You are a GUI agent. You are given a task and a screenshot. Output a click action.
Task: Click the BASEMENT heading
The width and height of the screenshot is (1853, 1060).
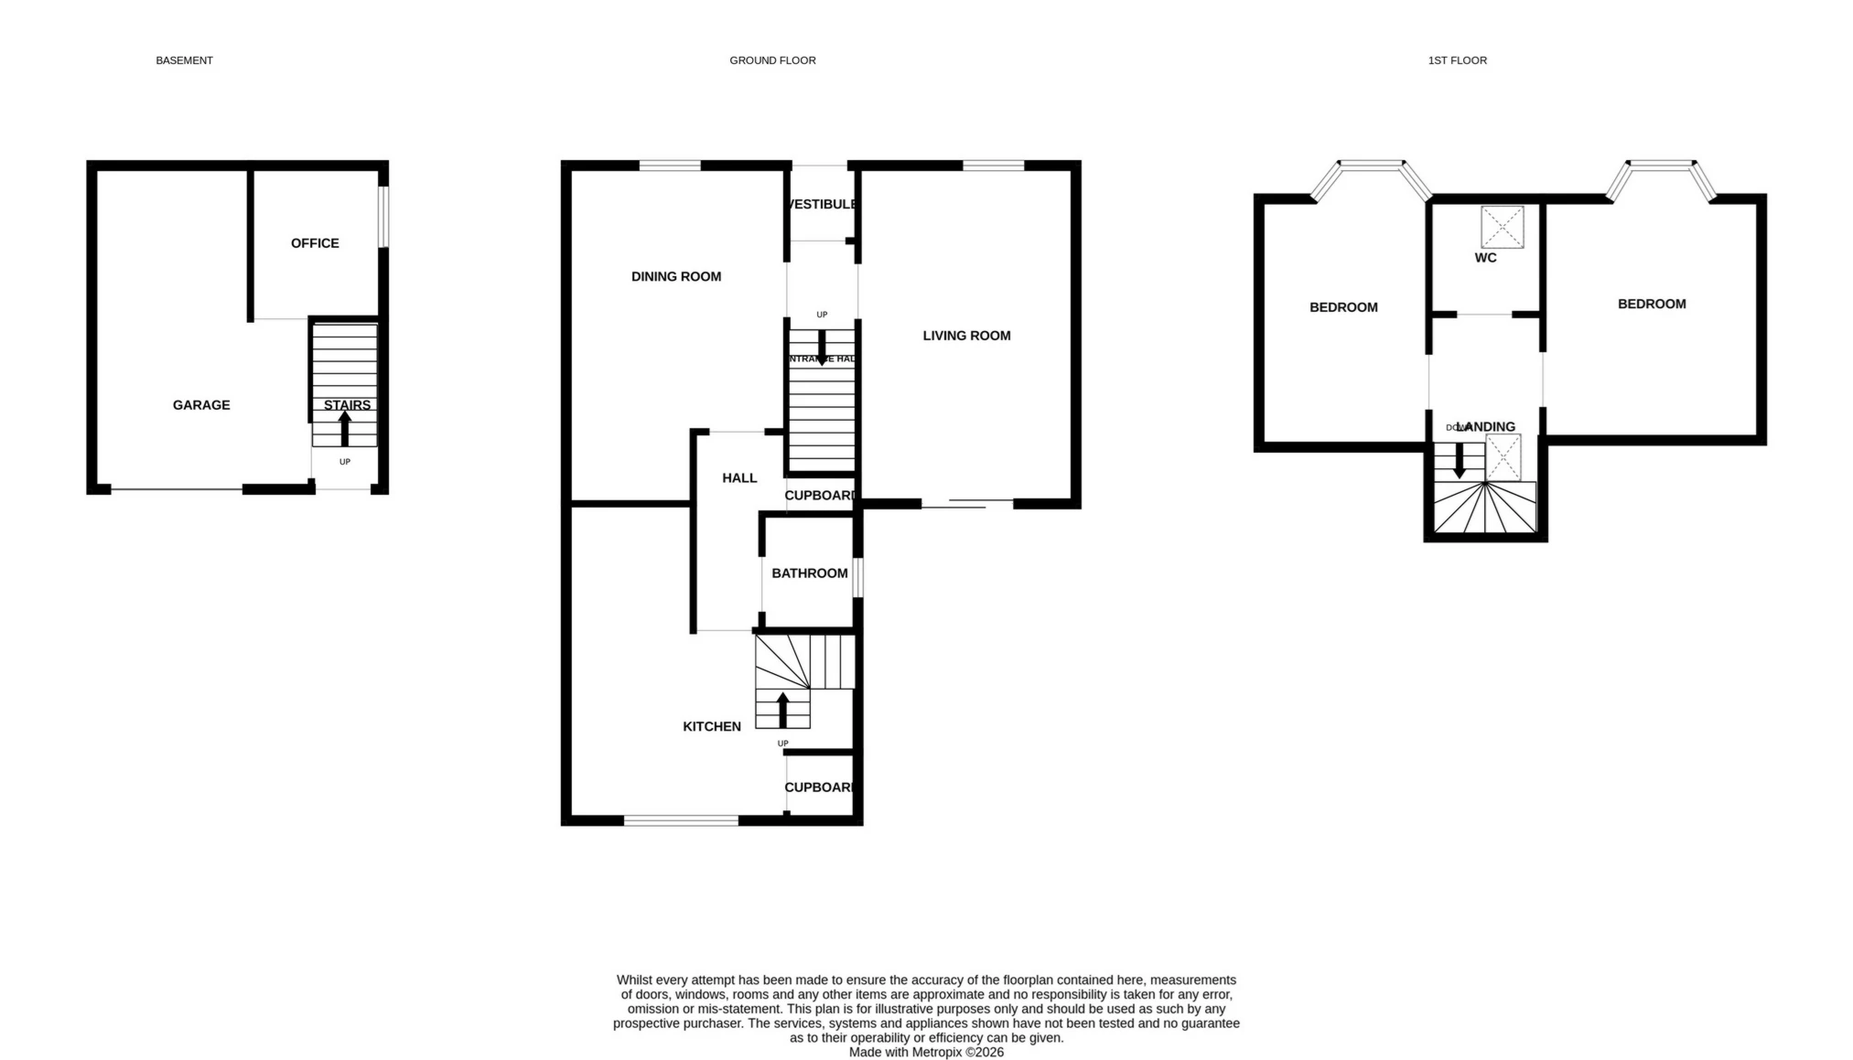[184, 60]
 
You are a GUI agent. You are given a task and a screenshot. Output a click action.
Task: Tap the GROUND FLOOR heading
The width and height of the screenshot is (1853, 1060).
[772, 60]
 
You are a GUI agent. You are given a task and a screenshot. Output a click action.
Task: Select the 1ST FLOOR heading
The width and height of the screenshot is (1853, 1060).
[1457, 60]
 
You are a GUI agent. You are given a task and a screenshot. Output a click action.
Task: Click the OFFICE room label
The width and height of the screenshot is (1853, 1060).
[315, 243]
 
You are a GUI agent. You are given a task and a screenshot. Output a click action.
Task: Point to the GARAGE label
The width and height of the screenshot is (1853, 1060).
[201, 405]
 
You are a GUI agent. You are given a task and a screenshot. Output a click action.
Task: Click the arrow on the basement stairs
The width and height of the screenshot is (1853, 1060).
[345, 428]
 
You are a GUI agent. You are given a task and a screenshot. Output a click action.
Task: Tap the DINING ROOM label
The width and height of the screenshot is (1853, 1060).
[676, 276]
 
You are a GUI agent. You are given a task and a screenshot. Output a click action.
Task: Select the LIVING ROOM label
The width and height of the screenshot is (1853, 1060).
[966, 336]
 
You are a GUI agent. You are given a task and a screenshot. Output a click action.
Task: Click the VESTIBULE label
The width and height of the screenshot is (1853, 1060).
[823, 204]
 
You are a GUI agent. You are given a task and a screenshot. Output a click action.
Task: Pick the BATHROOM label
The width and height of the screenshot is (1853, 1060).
[809, 573]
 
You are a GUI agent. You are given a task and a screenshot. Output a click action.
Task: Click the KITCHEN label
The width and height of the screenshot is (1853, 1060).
[712, 726]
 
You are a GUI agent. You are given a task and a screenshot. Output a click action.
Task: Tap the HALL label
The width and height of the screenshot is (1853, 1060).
[739, 477]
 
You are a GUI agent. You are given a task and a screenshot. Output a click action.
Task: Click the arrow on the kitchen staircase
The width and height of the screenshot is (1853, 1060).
[782, 709]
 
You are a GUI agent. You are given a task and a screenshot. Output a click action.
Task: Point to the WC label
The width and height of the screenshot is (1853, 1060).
[1485, 258]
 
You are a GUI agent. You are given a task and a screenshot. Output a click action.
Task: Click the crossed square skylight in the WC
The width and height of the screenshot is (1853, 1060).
[1502, 227]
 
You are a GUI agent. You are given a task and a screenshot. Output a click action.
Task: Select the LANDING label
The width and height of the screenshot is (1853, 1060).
[1488, 426]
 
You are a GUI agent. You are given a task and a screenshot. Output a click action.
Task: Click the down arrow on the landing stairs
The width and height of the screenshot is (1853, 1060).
[1460, 460]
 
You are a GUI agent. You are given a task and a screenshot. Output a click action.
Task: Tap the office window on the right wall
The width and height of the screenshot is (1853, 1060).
[384, 217]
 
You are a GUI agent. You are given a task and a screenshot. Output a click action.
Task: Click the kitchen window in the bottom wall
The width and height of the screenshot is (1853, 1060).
[681, 820]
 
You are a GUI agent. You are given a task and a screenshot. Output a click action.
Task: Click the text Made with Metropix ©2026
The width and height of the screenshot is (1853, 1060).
[926, 1053]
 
